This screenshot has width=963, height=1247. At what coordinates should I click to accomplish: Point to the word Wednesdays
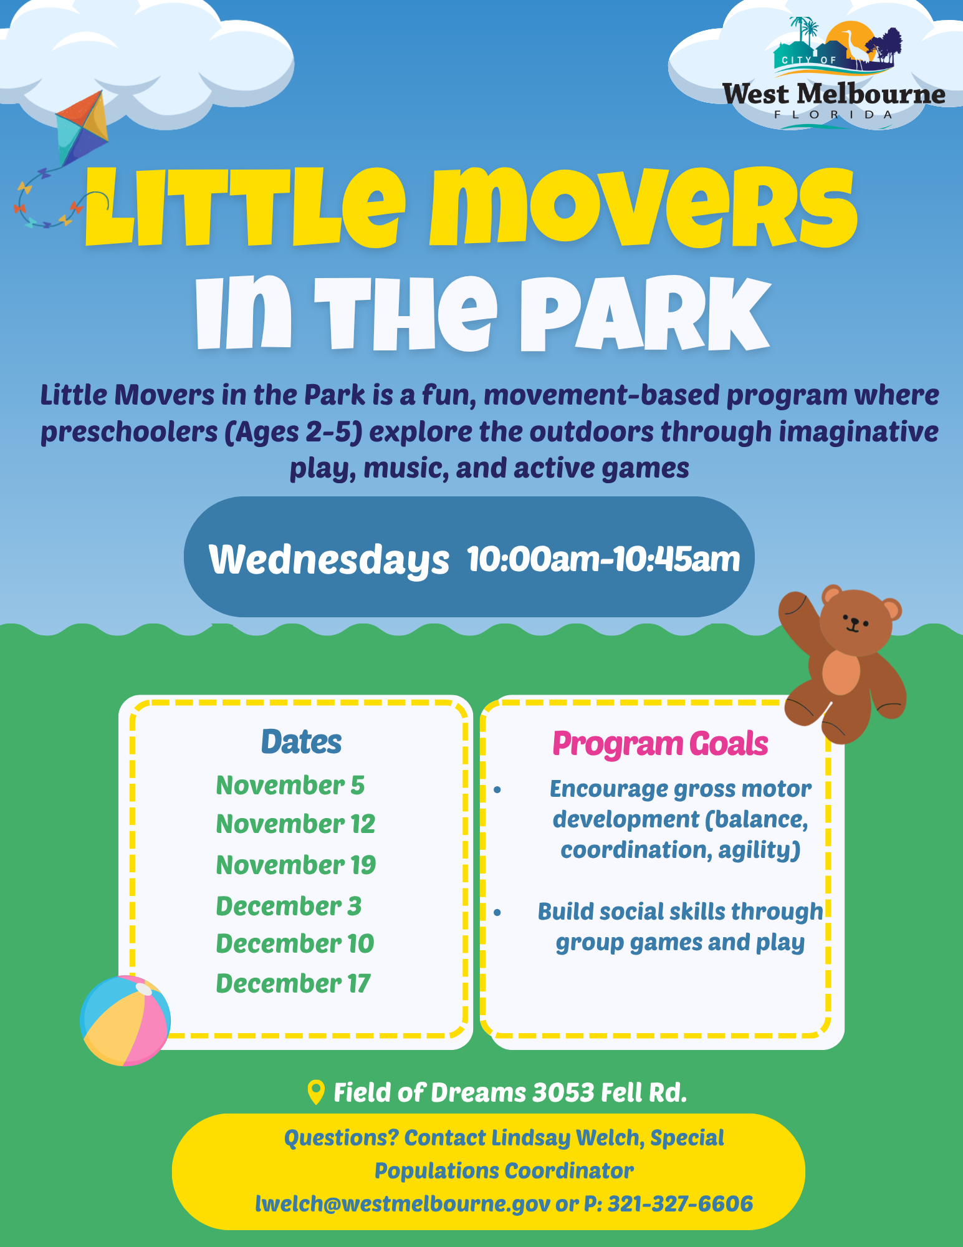(x=328, y=559)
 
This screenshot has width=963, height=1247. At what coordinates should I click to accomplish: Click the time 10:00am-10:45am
(x=603, y=559)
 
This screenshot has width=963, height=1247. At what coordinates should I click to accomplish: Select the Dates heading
(x=301, y=742)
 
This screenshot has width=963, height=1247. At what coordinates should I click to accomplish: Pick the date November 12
(x=295, y=824)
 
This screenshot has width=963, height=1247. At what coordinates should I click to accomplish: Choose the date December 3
(x=289, y=906)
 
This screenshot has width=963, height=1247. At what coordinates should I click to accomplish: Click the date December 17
(x=293, y=983)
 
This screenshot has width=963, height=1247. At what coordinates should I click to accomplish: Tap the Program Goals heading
(x=660, y=744)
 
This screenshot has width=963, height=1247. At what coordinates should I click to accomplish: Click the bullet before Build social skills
(x=497, y=912)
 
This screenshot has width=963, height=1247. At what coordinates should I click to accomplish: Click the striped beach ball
(x=125, y=1020)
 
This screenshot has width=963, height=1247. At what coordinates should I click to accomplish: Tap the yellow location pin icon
(x=317, y=1092)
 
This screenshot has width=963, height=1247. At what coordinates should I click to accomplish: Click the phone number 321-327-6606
(x=680, y=1203)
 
